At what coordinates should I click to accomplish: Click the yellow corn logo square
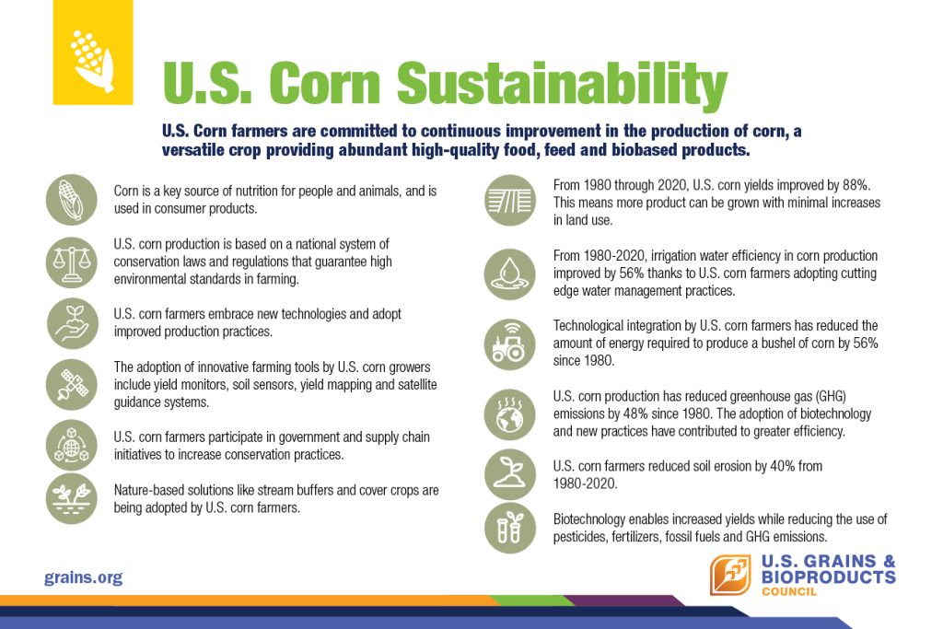(93, 52)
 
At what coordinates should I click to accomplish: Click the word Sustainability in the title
(562, 85)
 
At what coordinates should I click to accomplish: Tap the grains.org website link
(83, 577)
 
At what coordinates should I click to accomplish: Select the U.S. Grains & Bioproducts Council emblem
(730, 575)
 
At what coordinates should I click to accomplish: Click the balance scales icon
(72, 262)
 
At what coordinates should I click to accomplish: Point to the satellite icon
(72, 385)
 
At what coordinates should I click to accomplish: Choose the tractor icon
(510, 344)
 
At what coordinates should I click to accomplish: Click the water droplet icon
(510, 274)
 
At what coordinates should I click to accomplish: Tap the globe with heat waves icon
(510, 414)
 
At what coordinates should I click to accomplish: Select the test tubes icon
(510, 528)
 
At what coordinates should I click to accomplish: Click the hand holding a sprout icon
(72, 323)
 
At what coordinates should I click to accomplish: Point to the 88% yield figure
(856, 185)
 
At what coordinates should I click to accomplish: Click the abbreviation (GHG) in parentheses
(831, 396)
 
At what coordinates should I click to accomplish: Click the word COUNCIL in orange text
(789, 592)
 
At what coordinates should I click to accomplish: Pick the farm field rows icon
(510, 200)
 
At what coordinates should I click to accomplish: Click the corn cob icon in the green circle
(72, 200)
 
